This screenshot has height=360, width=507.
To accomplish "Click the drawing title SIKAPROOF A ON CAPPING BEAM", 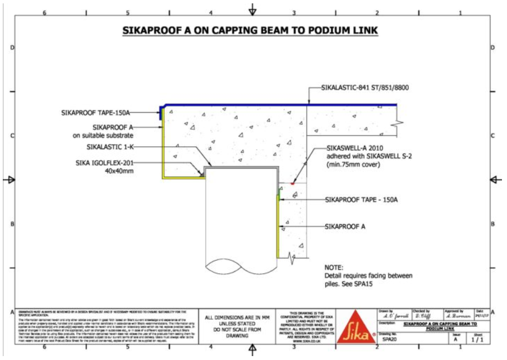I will point(250,30).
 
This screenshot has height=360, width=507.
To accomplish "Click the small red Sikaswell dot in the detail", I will point(293,183).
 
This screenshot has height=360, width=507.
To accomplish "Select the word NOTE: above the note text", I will point(334,267).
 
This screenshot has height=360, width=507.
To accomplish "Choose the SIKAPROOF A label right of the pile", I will point(345,227).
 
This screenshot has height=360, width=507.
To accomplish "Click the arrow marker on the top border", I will point(252,10).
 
